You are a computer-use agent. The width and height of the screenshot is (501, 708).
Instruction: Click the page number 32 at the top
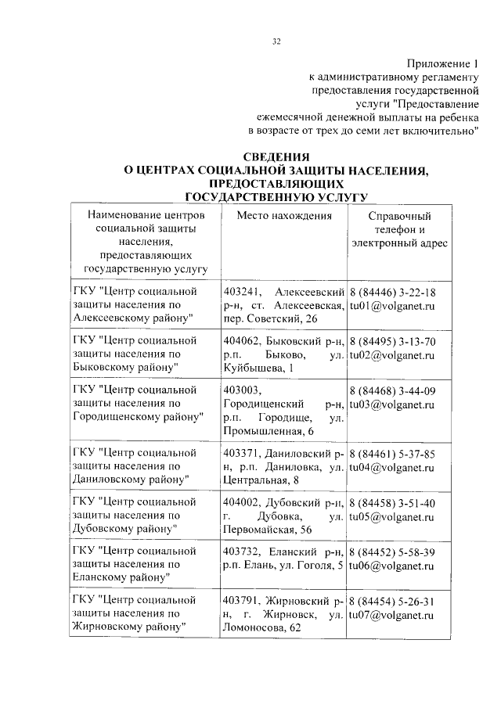(276, 41)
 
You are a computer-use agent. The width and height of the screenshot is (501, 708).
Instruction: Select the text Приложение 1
(442, 63)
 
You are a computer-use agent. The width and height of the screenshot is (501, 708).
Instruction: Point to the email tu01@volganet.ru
(391, 306)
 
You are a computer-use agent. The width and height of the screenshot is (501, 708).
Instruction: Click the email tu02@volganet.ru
(391, 354)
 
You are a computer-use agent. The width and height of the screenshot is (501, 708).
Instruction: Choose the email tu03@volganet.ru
(391, 404)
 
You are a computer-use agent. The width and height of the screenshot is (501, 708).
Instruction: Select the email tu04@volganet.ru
(391, 466)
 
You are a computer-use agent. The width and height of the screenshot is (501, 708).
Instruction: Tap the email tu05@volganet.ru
(391, 516)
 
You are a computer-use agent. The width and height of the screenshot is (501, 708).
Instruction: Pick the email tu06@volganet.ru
(391, 565)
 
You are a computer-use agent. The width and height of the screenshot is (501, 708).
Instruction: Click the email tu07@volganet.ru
(391, 613)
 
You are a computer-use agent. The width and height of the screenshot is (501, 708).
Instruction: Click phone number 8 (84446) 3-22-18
(392, 292)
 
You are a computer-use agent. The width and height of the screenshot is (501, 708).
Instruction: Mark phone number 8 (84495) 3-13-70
(392, 341)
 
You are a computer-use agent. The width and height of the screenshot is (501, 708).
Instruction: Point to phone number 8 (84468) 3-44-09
(392, 390)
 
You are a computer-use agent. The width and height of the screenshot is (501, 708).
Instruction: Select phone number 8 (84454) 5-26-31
(392, 600)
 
